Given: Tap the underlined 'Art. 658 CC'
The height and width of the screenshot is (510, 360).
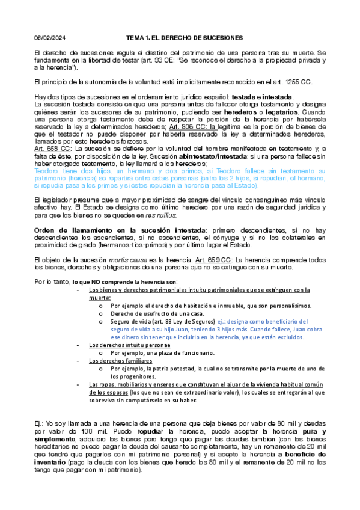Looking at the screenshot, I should point(52,148).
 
